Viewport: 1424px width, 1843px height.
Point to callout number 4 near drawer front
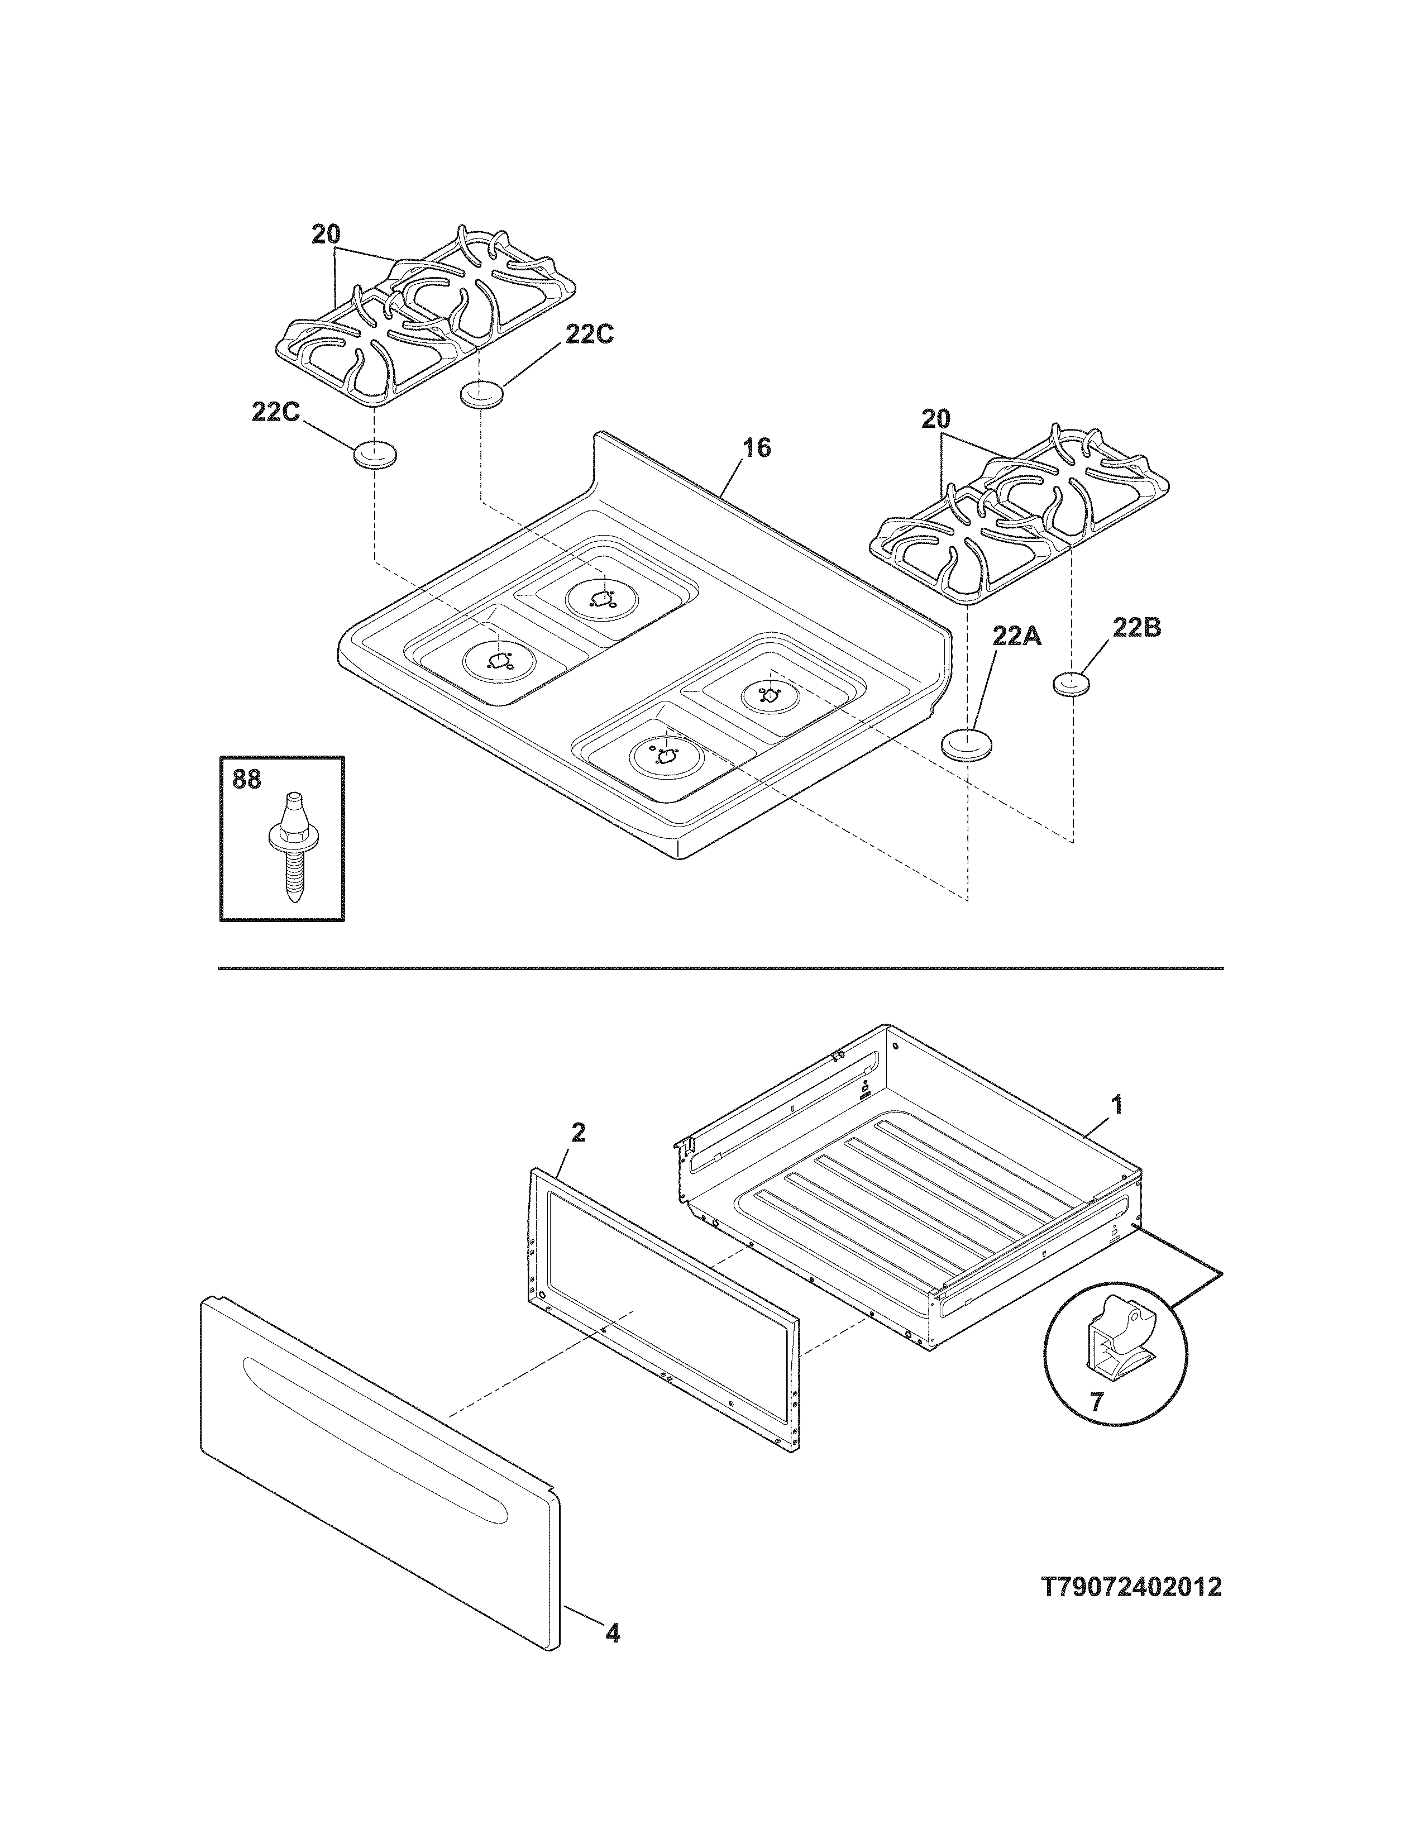point(613,1658)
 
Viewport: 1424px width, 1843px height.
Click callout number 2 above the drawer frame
point(578,1133)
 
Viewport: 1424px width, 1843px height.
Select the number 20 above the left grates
point(326,235)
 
